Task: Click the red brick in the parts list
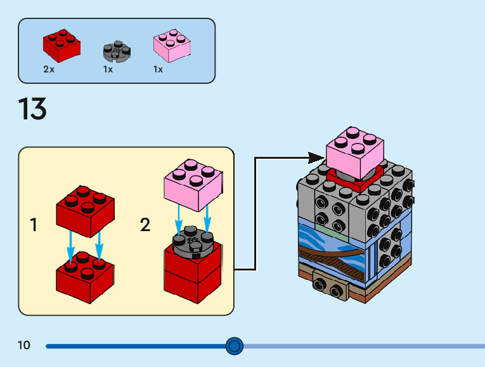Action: (61, 44)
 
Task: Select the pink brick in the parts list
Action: (171, 44)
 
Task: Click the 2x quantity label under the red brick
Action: (49, 69)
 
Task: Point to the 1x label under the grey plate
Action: (108, 69)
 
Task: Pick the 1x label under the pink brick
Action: (158, 69)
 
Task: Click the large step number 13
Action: (32, 109)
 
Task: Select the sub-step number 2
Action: (145, 225)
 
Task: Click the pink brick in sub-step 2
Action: (193, 184)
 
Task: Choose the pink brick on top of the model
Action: (354, 151)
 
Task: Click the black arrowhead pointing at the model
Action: (316, 157)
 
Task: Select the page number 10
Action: (24, 345)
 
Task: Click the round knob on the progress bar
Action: (235, 346)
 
